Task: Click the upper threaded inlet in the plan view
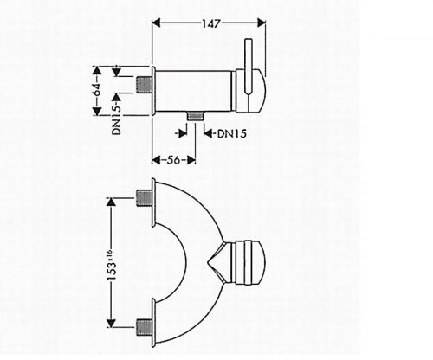139,196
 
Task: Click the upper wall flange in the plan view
153,196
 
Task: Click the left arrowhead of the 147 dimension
157,26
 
